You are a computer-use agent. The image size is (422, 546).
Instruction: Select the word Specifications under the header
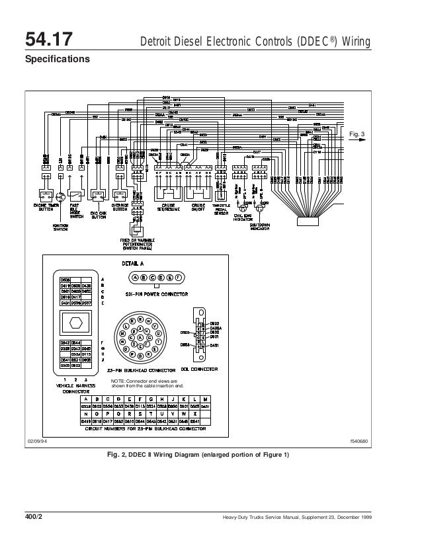[57, 59]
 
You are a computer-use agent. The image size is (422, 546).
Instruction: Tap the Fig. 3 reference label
[357, 135]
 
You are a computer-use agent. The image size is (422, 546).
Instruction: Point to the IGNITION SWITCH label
[61, 226]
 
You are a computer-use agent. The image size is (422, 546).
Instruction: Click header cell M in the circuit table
[206, 399]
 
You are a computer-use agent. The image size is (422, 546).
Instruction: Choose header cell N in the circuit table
[86, 410]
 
